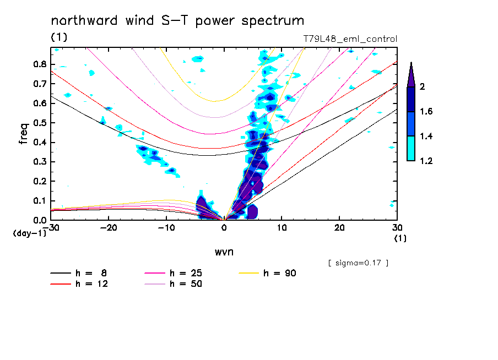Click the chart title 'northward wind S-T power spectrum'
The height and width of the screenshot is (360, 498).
[177, 21]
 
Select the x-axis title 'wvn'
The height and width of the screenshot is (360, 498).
[224, 252]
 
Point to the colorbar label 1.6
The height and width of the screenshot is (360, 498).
[426, 112]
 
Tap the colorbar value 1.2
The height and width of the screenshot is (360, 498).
[426, 161]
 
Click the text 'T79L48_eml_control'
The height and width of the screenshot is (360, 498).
[350, 39]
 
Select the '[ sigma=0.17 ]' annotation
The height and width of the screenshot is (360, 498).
[358, 263]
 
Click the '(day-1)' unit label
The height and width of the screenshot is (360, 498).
[29, 233]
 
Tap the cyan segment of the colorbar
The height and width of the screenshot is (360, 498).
[411, 149]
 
